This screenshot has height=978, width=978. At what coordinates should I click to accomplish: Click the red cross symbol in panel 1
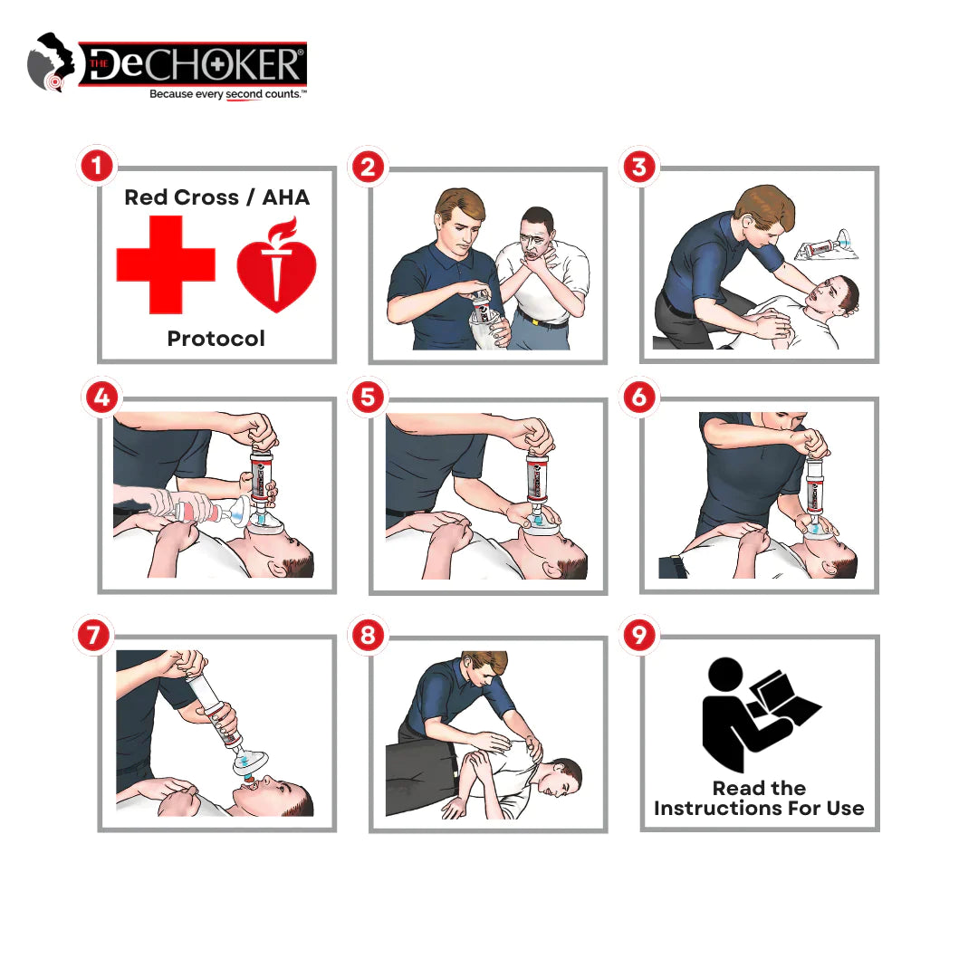pos(166,264)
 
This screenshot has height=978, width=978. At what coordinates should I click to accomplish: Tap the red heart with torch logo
pos(277,264)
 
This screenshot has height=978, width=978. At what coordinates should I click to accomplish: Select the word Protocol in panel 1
pos(216,339)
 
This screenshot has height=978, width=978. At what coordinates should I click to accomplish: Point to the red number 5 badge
pos(367,398)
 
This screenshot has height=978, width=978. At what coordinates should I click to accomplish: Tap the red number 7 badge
pos(94,636)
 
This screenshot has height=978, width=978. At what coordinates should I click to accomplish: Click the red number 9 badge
pos(639,636)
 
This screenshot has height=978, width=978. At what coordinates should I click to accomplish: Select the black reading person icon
pos(756,714)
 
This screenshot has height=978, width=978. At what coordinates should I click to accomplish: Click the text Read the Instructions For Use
pos(759,798)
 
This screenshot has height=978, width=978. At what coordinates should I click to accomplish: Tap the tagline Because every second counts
pos(227,94)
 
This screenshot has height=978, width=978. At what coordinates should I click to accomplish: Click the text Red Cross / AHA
pos(216,197)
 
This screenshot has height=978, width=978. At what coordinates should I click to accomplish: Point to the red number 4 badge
pos(101,398)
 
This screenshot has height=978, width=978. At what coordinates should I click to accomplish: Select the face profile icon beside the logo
pos(49,63)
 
